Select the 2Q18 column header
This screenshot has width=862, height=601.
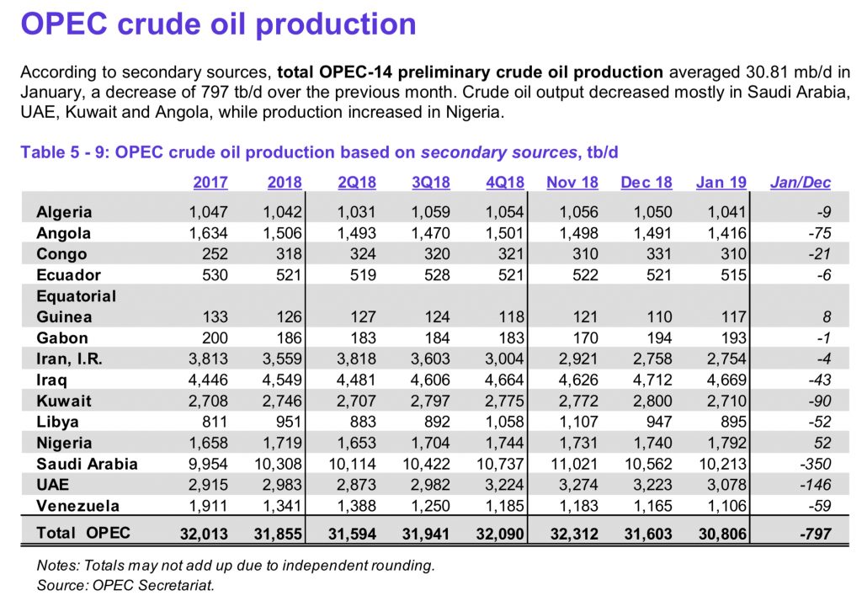tap(356, 182)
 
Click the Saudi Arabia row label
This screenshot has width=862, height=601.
tap(87, 464)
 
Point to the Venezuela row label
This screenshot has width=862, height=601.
tap(77, 506)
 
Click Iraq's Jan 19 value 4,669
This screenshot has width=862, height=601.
tap(725, 380)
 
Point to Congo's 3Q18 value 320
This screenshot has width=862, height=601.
tap(436, 254)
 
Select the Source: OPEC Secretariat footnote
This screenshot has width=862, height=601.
tap(125, 585)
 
